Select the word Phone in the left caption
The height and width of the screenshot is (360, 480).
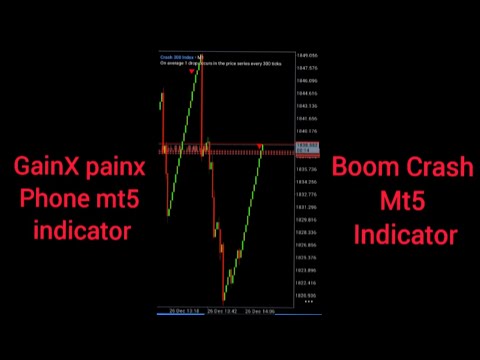(53, 199)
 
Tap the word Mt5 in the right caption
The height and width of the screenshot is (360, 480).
(404, 201)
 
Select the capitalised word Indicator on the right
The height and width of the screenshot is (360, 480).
(404, 235)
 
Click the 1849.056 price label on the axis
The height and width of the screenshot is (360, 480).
(306, 56)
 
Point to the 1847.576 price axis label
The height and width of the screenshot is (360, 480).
(306, 68)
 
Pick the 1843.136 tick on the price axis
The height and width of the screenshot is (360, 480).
(306, 105)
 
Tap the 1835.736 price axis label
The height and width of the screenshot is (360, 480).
(306, 169)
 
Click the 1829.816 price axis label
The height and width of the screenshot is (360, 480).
(306, 219)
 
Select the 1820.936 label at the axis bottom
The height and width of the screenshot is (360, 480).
(306, 296)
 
